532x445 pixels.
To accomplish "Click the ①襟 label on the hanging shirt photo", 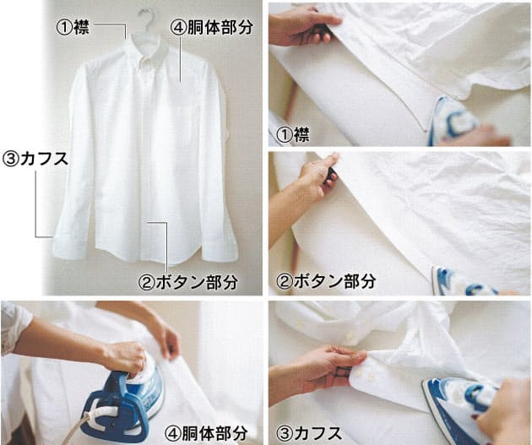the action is click(73, 27).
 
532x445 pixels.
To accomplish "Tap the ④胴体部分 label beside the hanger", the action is click(212, 27).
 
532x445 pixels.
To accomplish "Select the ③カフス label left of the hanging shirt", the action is click(35, 159).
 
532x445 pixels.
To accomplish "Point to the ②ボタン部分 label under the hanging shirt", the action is click(188, 282).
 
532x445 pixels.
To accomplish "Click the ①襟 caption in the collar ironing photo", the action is click(293, 135).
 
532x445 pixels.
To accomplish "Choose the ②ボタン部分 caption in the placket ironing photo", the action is click(326, 281).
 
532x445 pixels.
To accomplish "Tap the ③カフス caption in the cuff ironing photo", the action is click(309, 433).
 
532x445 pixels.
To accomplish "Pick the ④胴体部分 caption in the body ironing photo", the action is click(206, 433).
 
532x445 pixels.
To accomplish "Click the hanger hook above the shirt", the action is click(146, 18).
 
